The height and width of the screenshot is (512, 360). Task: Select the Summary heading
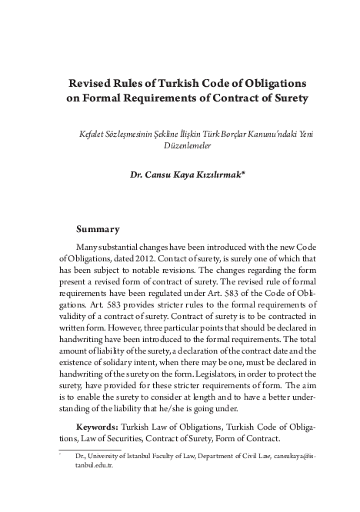coord(98,229)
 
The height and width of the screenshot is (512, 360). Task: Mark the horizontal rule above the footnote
coord(89,450)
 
